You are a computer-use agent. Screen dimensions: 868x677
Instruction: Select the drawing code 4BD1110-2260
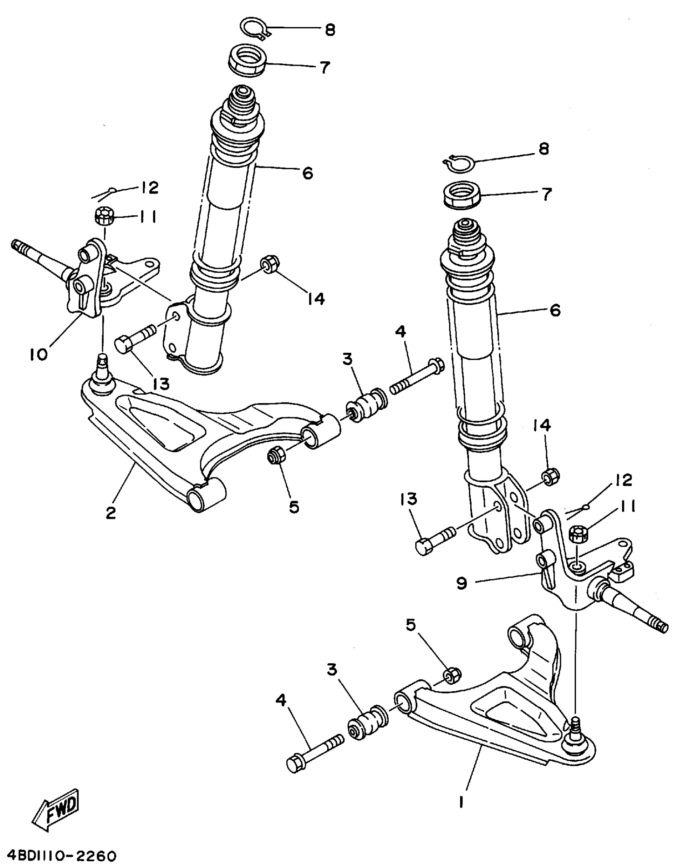tap(59, 856)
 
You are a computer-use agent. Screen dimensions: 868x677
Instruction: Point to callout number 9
tap(462, 584)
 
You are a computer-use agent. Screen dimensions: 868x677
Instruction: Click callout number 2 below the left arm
tap(111, 512)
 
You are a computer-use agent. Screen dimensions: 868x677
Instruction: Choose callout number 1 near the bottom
tap(461, 802)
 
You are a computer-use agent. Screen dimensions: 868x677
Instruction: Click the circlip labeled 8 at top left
tap(254, 28)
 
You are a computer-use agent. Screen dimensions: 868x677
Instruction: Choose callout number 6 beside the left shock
tap(307, 173)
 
